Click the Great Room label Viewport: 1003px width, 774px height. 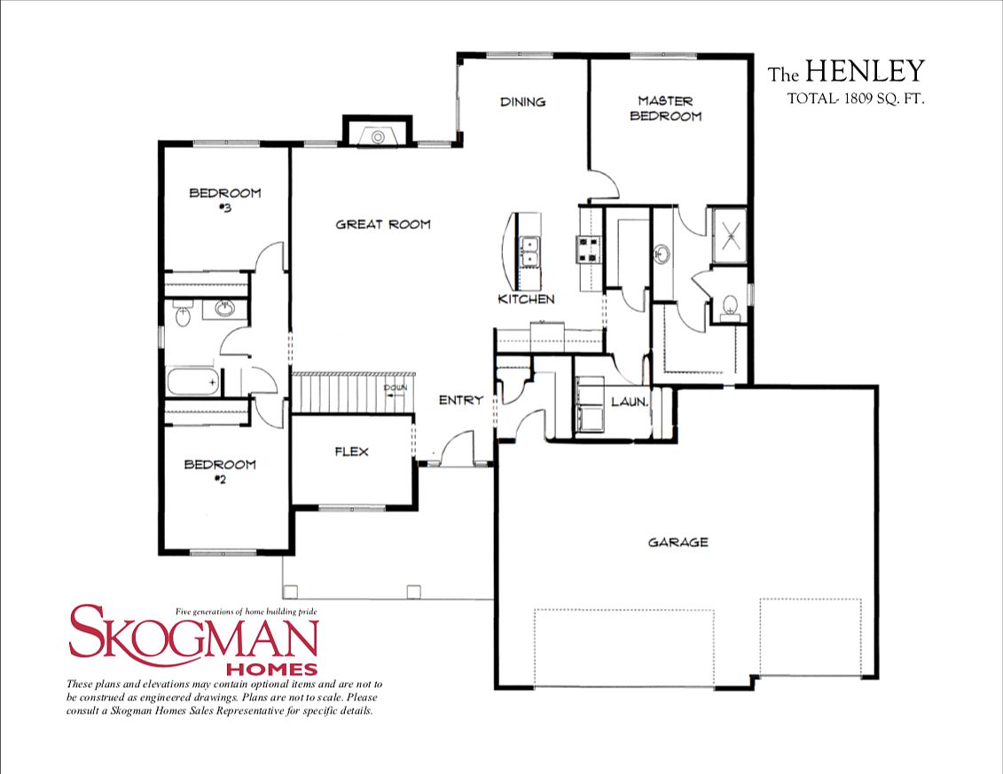coord(382,224)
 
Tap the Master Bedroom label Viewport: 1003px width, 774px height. coord(665,108)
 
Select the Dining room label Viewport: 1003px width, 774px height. coord(522,102)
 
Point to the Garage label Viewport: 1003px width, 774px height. coord(678,542)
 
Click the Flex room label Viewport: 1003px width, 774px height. coord(351,451)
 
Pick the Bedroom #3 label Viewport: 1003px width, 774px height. coord(224,199)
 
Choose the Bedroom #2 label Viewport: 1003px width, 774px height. coord(219,472)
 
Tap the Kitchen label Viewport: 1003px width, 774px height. coord(526,299)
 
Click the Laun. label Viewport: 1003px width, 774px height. coord(630,402)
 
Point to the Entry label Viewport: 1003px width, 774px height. coord(461,400)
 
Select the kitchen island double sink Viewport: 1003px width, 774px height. coord(531,251)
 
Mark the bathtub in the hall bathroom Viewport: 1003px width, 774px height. coord(192,382)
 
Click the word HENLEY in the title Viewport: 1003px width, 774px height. coord(865,71)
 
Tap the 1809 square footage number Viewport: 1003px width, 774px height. coord(856,100)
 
